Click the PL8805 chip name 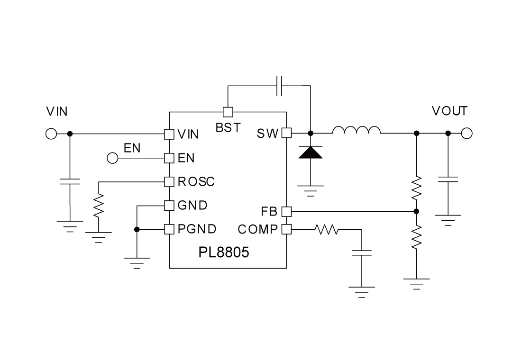224,252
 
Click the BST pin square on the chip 228,112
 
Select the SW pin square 286,133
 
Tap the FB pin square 286,211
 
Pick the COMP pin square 286,229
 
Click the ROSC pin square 169,181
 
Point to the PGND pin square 169,229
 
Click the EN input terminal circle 112,158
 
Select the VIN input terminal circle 51,134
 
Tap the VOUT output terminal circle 466,134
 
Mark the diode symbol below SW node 311,152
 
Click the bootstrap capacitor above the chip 280,86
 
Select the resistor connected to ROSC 99,207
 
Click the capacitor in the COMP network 362,252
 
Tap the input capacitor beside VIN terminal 70,182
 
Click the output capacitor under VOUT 448,179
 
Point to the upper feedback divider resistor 417,189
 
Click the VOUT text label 449,111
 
